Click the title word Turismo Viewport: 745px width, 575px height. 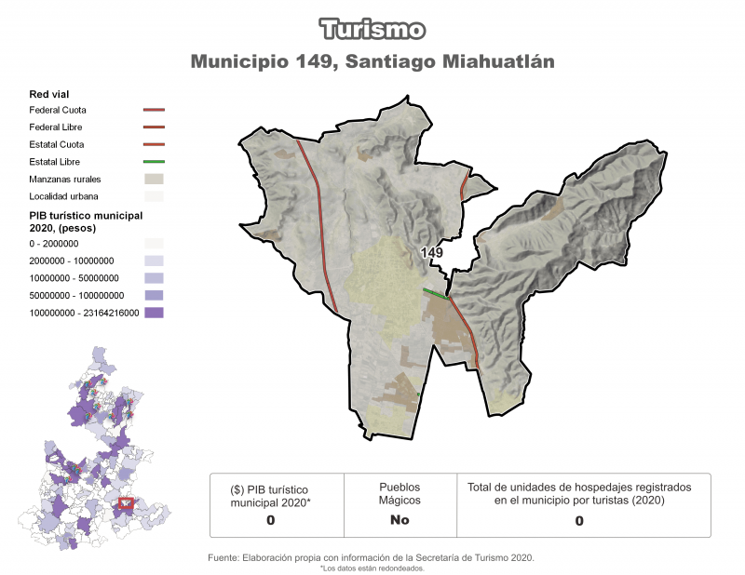tap(372, 30)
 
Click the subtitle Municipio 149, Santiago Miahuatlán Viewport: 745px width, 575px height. tap(372, 62)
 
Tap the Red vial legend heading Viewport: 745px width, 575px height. tap(49, 94)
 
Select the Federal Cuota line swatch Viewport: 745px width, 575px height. tap(154, 111)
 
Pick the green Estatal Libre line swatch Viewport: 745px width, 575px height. tap(154, 162)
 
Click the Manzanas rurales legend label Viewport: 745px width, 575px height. tap(65, 179)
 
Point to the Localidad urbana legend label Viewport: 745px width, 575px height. tap(63, 196)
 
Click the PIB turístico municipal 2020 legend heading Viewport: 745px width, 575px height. tap(85, 221)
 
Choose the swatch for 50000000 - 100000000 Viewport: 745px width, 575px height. tap(154, 295)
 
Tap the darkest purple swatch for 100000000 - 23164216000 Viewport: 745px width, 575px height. tap(154, 313)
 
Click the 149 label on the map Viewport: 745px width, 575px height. tap(431, 253)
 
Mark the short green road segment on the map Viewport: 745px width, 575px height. tap(433, 294)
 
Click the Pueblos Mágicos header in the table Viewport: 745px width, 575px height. tap(400, 493)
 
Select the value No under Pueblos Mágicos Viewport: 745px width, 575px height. tap(400, 520)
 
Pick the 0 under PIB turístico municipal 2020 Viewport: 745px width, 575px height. tap(270, 520)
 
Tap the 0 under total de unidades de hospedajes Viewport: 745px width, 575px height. tap(578, 521)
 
